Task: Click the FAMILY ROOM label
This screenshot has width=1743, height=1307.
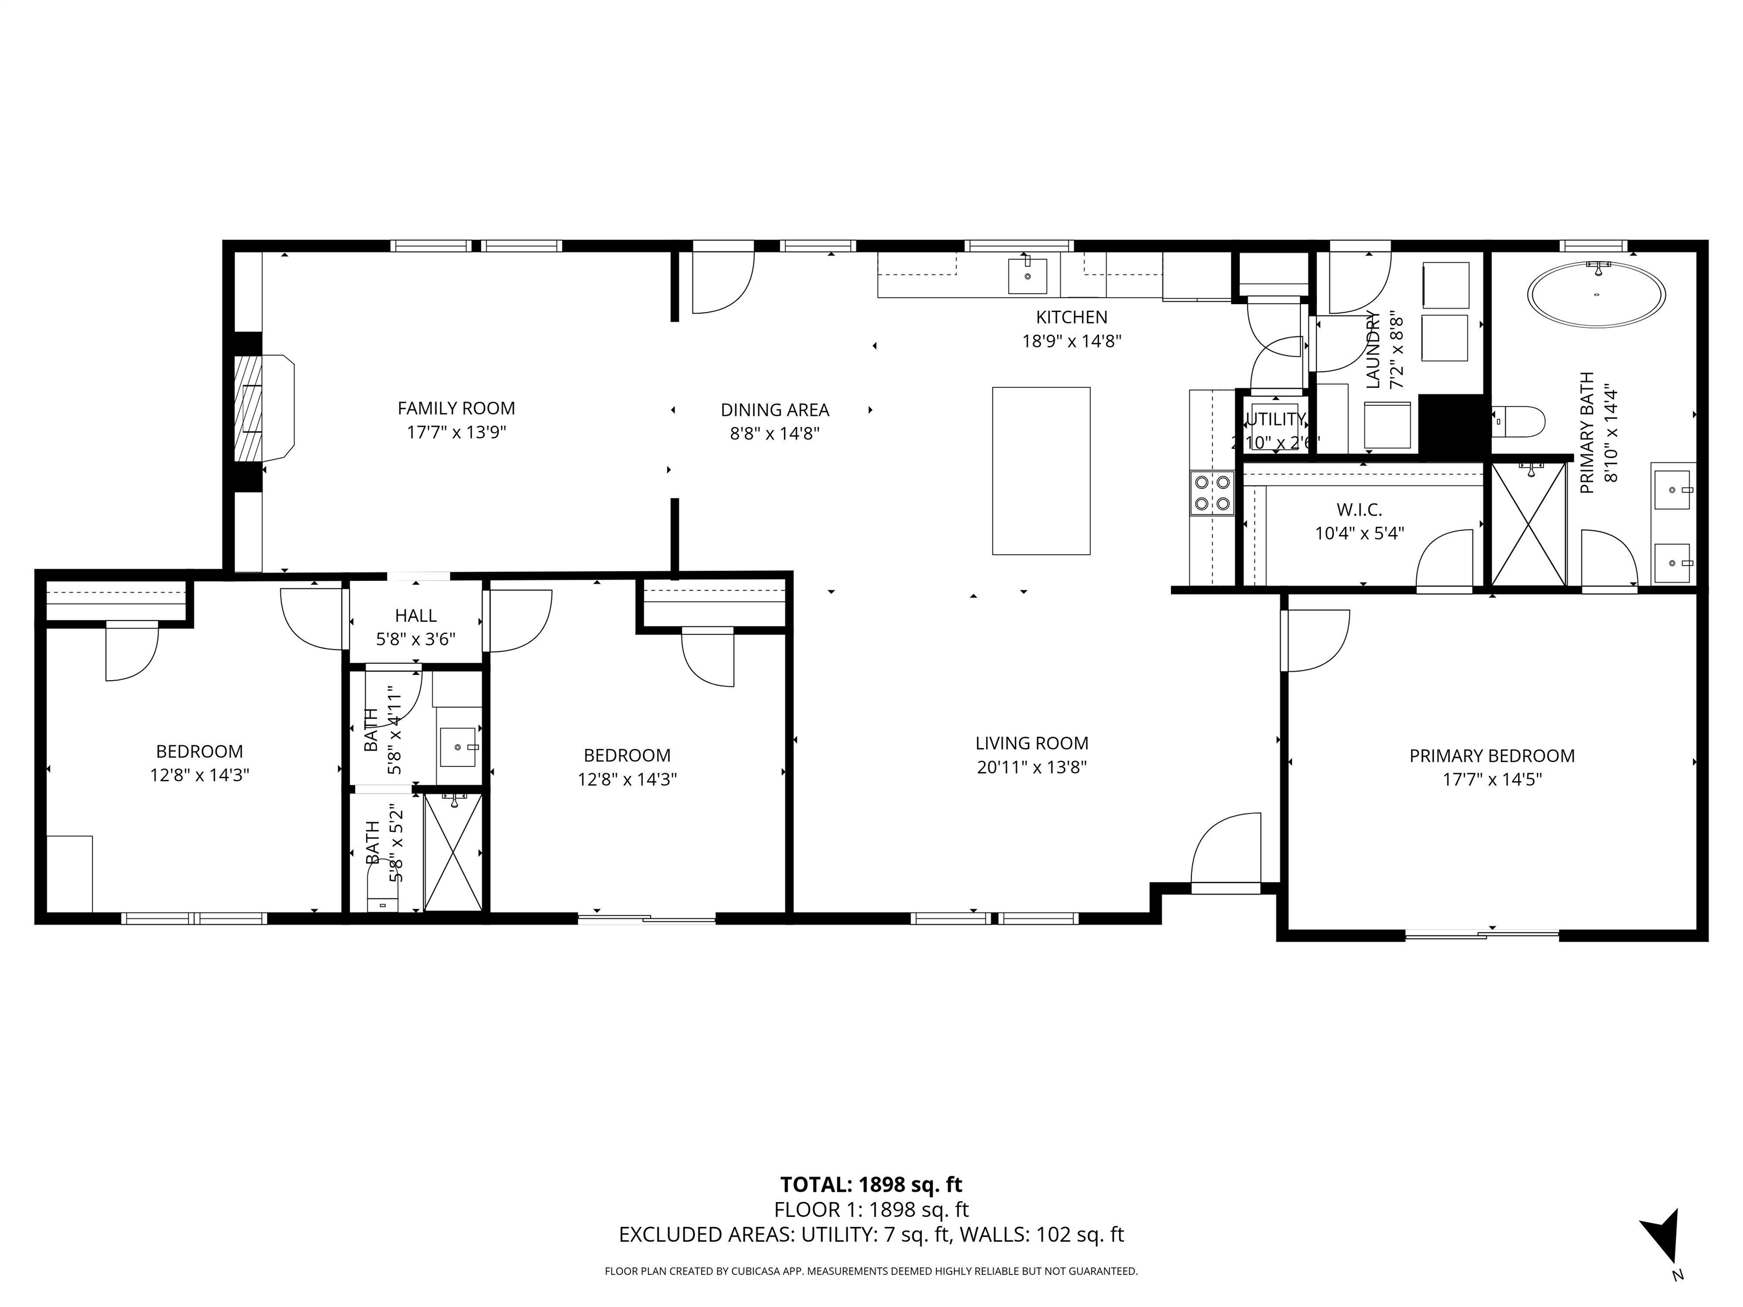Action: (456, 408)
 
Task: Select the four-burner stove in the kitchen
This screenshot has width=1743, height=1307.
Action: (1211, 492)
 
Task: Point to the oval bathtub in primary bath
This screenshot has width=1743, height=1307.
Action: (1597, 294)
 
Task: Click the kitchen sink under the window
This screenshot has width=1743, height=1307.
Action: (1027, 275)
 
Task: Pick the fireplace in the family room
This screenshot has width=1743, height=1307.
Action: (263, 407)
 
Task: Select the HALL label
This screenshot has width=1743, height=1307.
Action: (415, 615)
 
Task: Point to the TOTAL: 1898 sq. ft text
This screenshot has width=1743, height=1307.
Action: (871, 1184)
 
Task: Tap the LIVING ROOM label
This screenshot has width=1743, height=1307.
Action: (1032, 743)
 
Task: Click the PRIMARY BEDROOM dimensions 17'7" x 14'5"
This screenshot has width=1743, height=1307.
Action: (1491, 779)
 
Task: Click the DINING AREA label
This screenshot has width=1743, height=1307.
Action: (774, 410)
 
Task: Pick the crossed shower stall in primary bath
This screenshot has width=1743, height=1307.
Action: (1528, 524)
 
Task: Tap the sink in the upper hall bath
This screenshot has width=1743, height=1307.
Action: (458, 747)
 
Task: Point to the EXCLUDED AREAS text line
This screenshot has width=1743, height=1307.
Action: (871, 1234)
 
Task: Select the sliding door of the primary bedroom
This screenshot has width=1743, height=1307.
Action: (1481, 935)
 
